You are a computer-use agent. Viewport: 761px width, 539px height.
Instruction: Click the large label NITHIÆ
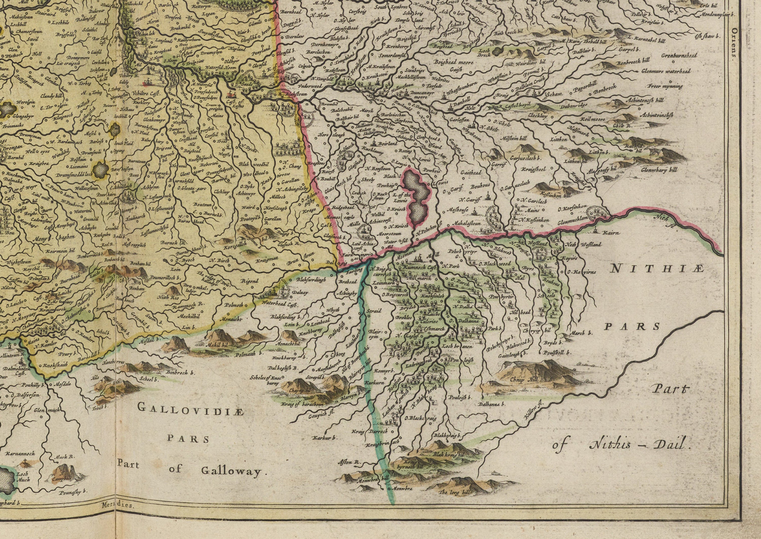tap(657, 268)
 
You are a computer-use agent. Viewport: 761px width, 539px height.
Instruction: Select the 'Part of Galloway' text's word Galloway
tap(231, 471)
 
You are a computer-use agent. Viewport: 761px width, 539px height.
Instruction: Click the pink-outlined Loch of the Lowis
tap(417, 196)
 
